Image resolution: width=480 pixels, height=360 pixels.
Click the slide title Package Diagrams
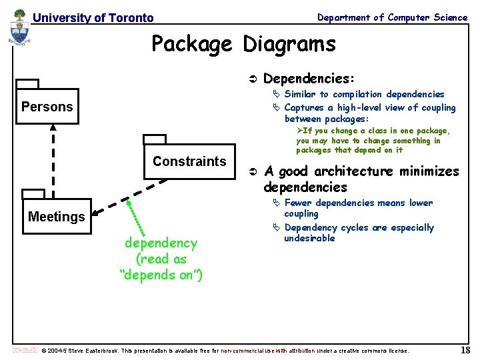point(243,44)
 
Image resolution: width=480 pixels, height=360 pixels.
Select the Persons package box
point(47,107)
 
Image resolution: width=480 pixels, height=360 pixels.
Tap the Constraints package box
point(189,162)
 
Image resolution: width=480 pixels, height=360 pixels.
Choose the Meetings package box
point(57,217)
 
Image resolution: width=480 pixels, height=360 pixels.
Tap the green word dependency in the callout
point(161,243)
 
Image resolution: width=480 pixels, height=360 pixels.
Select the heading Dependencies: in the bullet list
point(309,79)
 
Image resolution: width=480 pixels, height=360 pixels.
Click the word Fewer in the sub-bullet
point(298,203)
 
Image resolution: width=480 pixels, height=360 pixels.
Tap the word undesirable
point(309,239)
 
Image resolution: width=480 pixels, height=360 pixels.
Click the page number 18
point(465,350)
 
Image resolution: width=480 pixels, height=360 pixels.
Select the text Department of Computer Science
point(392,17)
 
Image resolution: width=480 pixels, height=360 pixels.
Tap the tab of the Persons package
point(27,84)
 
